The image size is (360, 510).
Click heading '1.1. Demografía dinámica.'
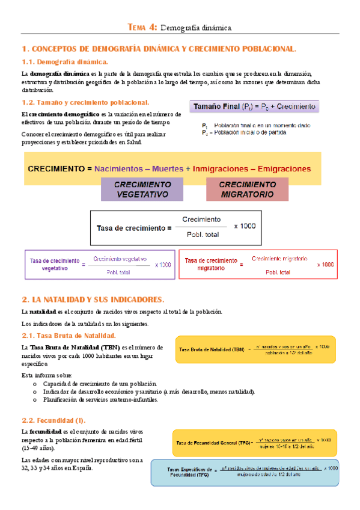[x=65, y=61]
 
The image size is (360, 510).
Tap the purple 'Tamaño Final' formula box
[x=255, y=107]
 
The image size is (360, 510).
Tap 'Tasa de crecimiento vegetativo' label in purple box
[x=54, y=265]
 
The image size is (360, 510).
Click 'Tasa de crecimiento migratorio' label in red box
[x=208, y=265]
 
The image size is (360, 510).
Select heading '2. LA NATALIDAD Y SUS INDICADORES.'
[x=93, y=299]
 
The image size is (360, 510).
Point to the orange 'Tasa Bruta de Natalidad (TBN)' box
[x=255, y=349]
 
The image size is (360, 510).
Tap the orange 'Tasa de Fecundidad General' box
[x=254, y=443]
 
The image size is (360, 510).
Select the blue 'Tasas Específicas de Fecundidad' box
[x=245, y=471]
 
